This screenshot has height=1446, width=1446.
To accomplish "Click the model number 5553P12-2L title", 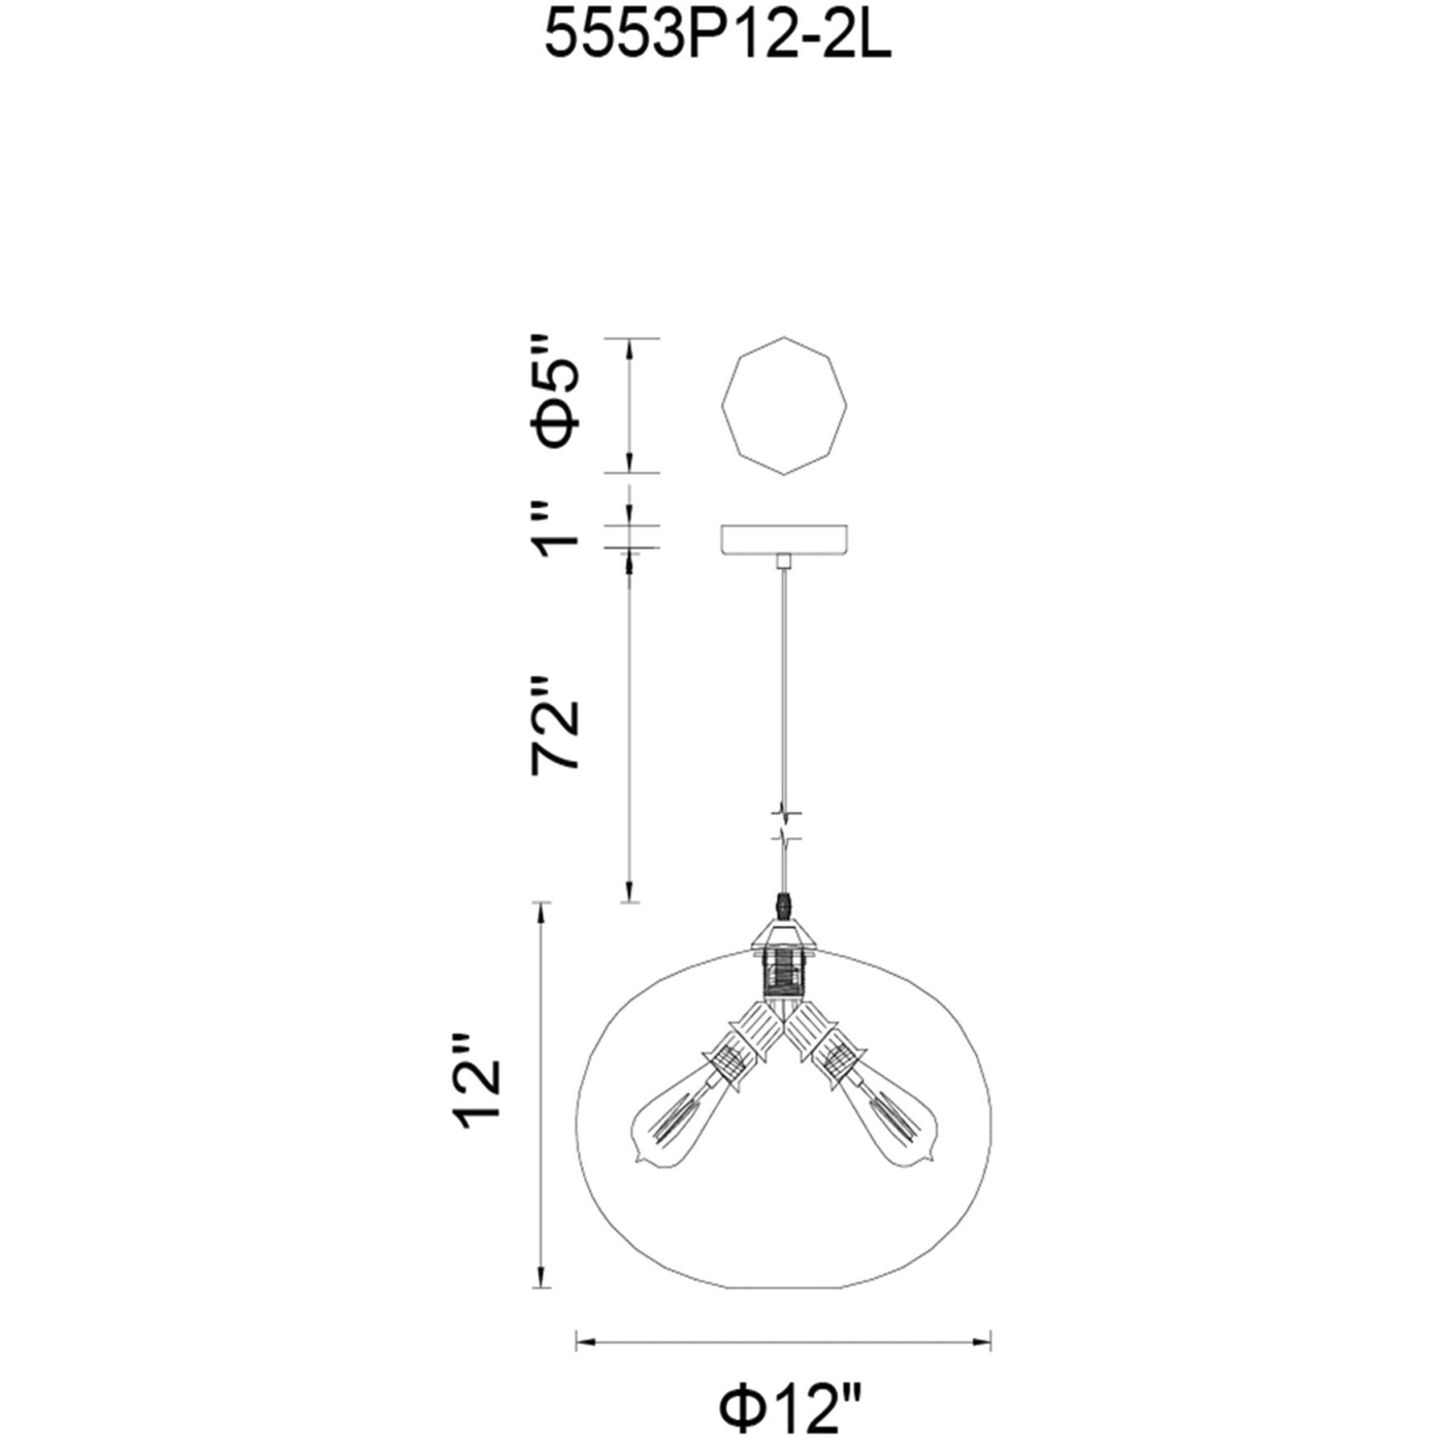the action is pos(718,39).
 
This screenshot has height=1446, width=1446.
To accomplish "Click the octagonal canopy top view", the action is pos(784,405).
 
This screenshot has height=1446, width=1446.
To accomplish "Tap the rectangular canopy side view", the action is pos(784,539).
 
